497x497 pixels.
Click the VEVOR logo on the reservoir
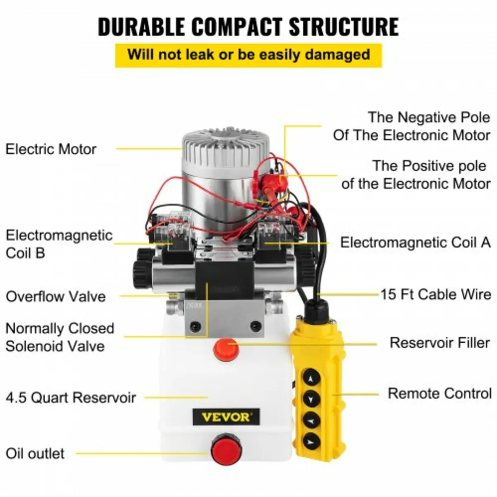[x=226, y=417]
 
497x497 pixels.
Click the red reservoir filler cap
[x=226, y=349]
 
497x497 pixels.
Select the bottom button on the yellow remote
[x=311, y=441]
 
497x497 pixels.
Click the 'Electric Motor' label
[x=51, y=149]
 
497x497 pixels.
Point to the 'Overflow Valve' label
[x=55, y=297]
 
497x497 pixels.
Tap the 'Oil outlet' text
[x=35, y=453]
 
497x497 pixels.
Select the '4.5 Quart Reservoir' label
[x=71, y=398]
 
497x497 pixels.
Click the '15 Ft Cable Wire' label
[x=436, y=294]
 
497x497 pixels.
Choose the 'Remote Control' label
[x=439, y=393]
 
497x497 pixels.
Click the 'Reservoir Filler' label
[x=439, y=343]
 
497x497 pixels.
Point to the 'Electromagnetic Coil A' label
[x=415, y=242]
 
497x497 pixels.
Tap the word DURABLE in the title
[x=141, y=27]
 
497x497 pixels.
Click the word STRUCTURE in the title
[x=343, y=27]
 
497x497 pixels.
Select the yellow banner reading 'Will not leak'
[x=248, y=55]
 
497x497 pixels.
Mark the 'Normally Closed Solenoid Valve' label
[x=59, y=337]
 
